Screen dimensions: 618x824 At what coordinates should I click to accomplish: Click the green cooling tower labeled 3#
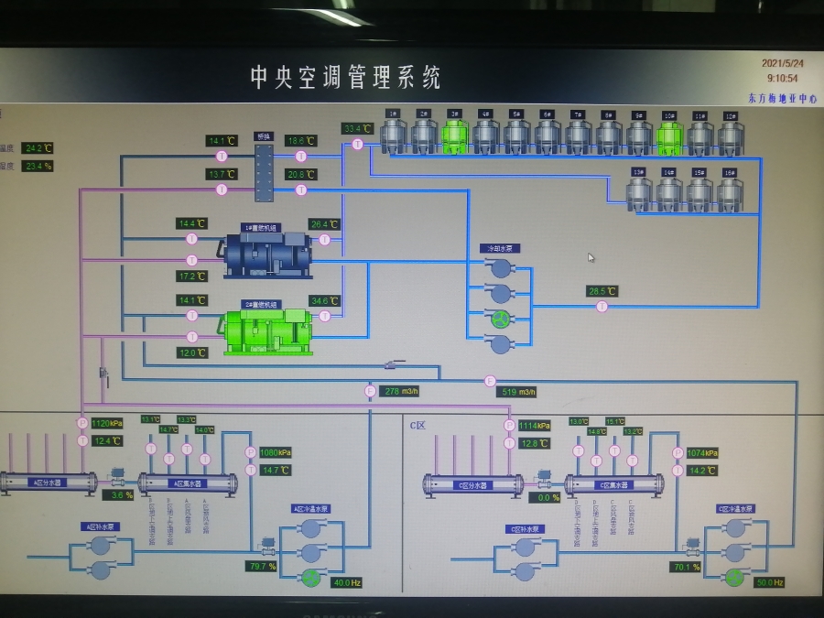pos(455,136)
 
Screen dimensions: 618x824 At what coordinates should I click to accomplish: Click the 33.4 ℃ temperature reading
pos(357,128)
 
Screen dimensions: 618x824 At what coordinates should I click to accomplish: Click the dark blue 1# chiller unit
pos(268,255)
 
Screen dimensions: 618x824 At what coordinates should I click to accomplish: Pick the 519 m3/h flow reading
pos(518,392)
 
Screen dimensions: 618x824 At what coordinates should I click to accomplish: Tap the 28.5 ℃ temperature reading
pos(602,291)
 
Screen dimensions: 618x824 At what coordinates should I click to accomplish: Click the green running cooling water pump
pos(500,319)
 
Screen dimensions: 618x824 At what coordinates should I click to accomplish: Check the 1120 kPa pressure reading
pos(106,423)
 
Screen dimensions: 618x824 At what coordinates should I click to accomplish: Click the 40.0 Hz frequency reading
pos(347,582)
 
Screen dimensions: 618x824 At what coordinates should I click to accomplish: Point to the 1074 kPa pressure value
pos(702,452)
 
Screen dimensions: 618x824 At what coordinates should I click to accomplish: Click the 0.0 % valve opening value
pos(548,497)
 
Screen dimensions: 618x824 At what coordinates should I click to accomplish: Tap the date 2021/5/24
pos(783,63)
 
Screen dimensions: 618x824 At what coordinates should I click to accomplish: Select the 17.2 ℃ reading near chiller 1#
pos(192,276)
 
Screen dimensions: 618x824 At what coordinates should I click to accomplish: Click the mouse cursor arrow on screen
pos(591,257)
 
